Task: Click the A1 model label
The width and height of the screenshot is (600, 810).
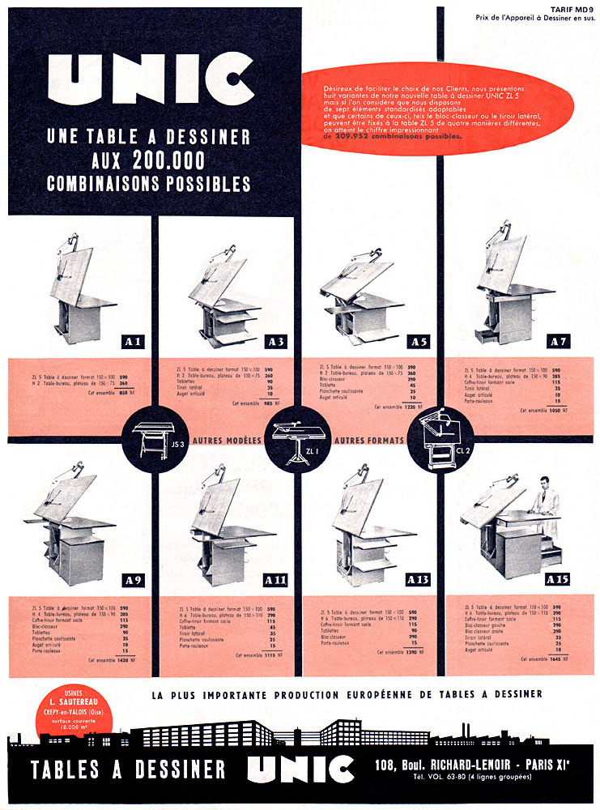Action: [x=134, y=342]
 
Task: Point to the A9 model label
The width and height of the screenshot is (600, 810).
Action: [x=134, y=580]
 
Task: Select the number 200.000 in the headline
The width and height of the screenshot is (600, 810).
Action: [x=170, y=159]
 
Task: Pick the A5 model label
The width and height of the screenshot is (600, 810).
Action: [x=419, y=342]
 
